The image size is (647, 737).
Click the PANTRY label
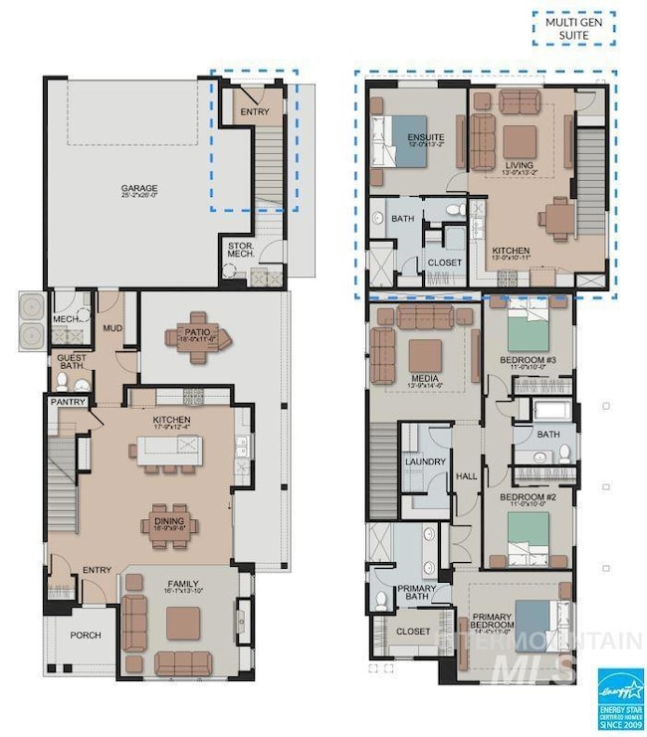(67, 402)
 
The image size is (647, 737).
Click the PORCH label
(86, 635)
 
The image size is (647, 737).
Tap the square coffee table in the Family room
(183, 622)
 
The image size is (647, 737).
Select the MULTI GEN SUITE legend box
(574, 28)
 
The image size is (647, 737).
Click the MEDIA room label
(425, 379)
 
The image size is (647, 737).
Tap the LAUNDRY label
(425, 461)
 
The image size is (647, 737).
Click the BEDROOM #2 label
(528, 497)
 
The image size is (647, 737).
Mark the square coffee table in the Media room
(425, 353)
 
